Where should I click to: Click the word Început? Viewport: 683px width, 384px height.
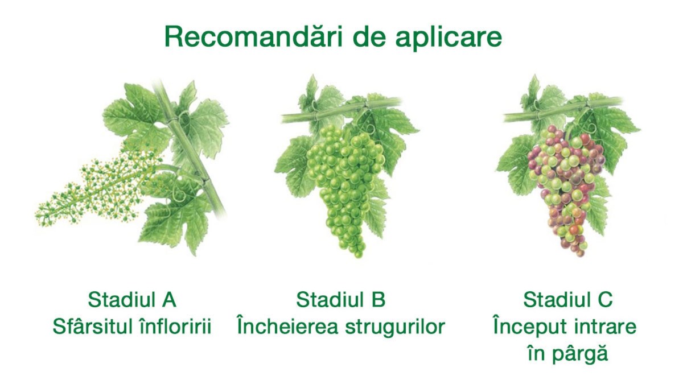coord(530,327)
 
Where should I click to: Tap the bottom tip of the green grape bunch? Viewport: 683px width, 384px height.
coord(359,257)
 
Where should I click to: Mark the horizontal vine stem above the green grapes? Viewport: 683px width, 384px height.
coord(341,110)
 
